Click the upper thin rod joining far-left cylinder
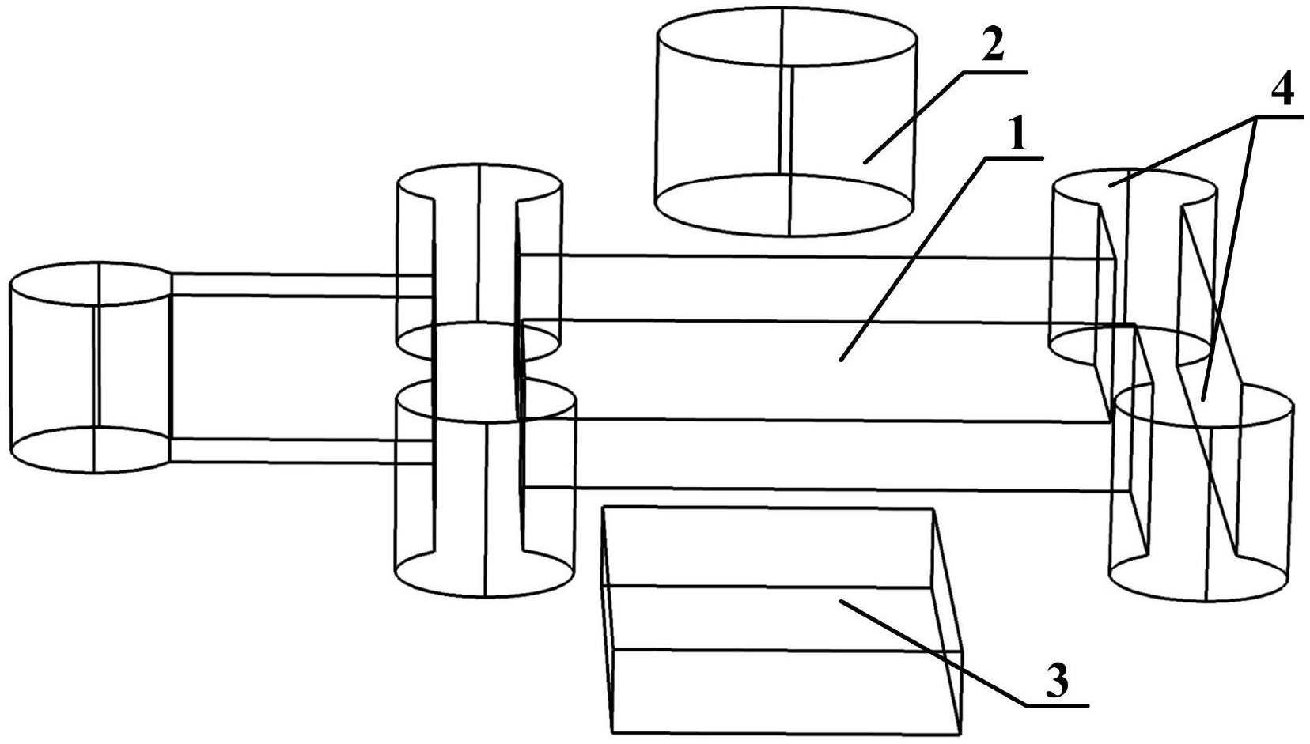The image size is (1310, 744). [x=301, y=285]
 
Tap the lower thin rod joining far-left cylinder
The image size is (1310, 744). [x=301, y=451]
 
